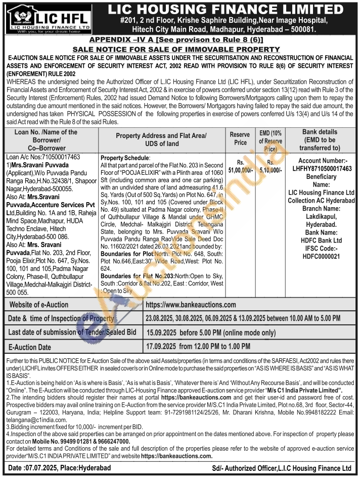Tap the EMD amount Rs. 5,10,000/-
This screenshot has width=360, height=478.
271,167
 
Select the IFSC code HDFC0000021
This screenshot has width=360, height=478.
321,257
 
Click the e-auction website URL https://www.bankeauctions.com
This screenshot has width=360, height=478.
191,305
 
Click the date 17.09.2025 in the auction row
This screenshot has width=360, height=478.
161,347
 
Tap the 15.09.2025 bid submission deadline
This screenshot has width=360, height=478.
161,333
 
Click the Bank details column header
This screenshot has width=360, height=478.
321,139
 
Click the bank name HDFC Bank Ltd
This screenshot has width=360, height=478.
321,240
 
